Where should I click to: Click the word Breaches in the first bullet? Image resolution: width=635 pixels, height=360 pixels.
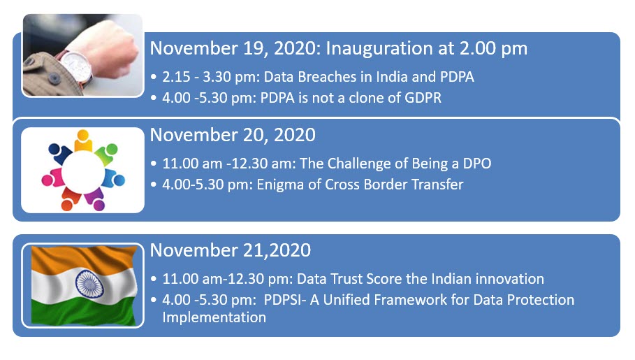point(321,77)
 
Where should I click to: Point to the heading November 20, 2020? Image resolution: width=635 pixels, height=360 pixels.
point(233,135)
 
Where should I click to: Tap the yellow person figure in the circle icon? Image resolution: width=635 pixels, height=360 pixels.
point(83,141)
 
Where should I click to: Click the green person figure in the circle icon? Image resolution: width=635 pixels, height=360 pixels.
point(108,154)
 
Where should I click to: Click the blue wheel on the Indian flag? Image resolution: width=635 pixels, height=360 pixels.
point(89,284)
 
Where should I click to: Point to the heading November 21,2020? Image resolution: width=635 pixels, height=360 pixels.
point(231,250)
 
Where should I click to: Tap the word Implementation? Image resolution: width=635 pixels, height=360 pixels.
point(214,317)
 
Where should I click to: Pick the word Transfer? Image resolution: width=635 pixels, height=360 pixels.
point(437,185)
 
